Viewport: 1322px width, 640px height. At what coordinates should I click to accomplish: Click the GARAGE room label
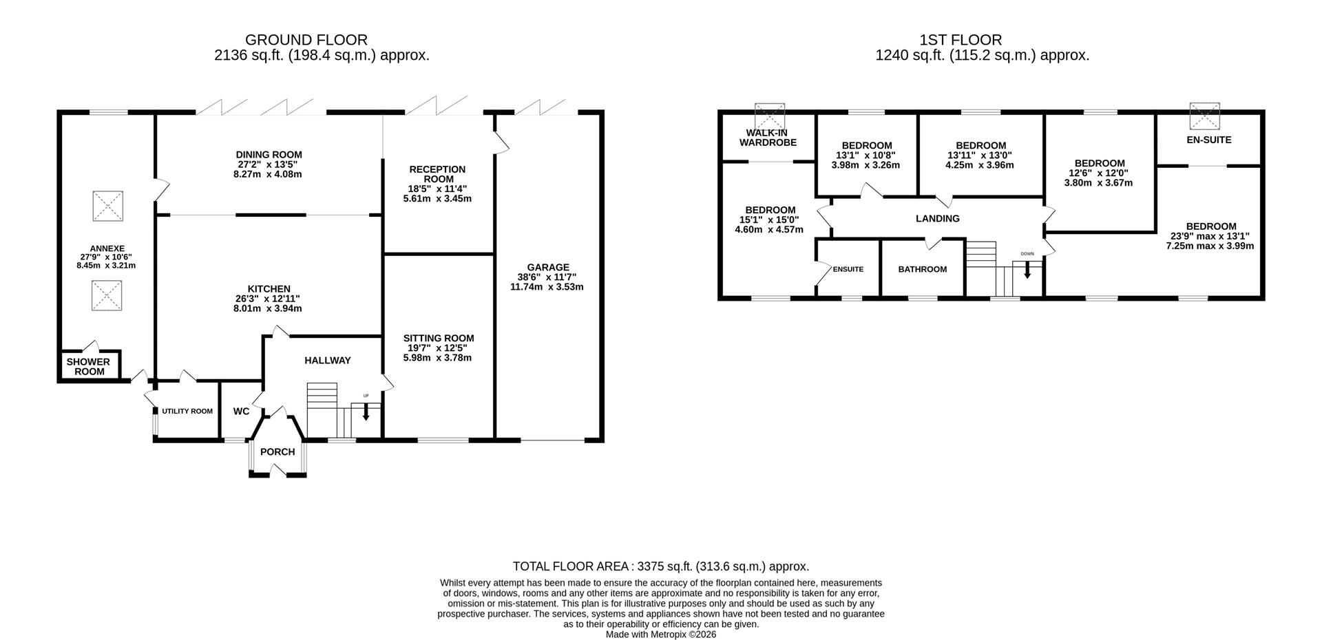click(548, 267)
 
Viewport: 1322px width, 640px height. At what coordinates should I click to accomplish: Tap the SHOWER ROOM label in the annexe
click(89, 366)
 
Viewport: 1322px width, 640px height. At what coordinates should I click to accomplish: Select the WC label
click(241, 412)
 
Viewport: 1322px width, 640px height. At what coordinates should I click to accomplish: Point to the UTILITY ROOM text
click(187, 412)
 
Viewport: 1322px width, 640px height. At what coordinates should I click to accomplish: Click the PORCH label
click(277, 452)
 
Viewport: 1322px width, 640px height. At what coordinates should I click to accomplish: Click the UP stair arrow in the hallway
click(366, 411)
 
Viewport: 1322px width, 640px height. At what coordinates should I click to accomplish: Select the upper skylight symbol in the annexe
click(107, 206)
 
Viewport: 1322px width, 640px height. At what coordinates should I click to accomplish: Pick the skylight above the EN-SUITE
click(1205, 116)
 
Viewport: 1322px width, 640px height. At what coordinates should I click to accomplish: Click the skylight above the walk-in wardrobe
click(769, 116)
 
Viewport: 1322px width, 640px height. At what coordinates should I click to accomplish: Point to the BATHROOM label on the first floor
click(922, 269)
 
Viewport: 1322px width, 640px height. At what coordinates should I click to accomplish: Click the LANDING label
click(937, 219)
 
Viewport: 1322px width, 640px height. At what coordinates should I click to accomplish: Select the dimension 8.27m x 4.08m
click(269, 175)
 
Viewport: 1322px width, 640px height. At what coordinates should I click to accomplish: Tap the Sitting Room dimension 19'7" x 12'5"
click(439, 348)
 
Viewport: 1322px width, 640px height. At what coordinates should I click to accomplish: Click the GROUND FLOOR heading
click(306, 40)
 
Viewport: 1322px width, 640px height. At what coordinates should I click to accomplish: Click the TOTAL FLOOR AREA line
click(660, 566)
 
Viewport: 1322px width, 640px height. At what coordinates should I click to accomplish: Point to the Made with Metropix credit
click(660, 634)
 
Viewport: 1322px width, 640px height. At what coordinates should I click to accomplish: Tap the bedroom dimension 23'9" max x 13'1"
click(1210, 236)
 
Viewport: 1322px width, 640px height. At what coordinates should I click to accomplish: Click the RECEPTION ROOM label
click(437, 174)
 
